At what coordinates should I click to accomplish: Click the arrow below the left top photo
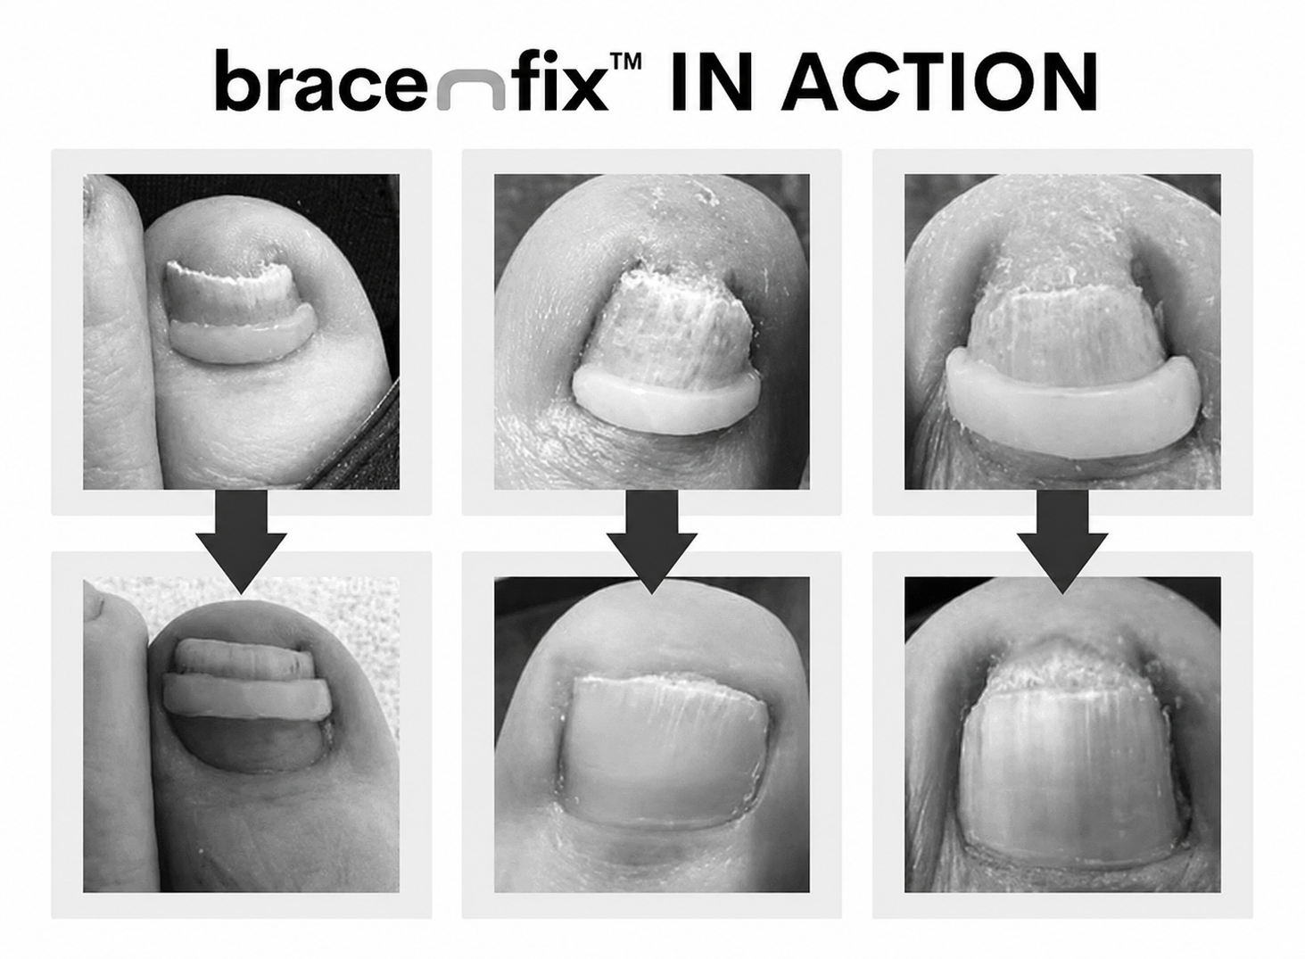(x=241, y=542)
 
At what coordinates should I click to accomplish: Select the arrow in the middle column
(x=652, y=542)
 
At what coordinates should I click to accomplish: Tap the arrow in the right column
(x=1062, y=542)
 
